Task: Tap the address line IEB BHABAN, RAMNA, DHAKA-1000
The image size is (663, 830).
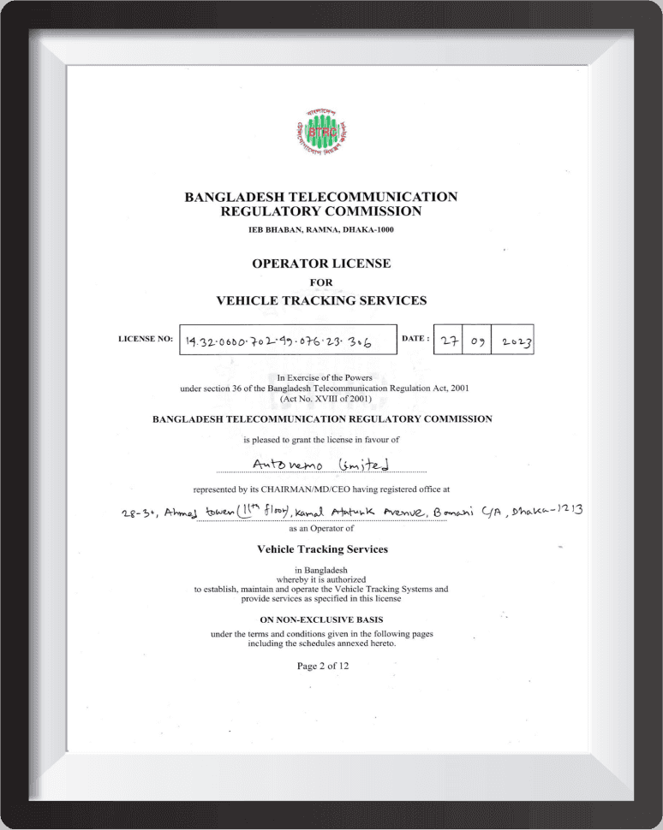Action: [x=322, y=230]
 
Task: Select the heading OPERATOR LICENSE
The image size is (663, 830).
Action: [x=321, y=264]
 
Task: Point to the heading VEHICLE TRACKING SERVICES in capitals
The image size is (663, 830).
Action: [x=321, y=300]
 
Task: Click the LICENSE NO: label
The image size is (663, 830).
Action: [x=146, y=339]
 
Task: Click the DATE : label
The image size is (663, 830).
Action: [x=415, y=338]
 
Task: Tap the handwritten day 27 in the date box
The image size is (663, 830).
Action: [x=448, y=341]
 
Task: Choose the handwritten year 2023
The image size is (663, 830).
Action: [x=517, y=342]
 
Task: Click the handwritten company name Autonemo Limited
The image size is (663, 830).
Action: [x=321, y=463]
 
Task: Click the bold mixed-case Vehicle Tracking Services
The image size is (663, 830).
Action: [x=322, y=549]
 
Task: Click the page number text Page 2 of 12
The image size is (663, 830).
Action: [x=322, y=666]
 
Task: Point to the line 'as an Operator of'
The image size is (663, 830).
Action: [x=321, y=528]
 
